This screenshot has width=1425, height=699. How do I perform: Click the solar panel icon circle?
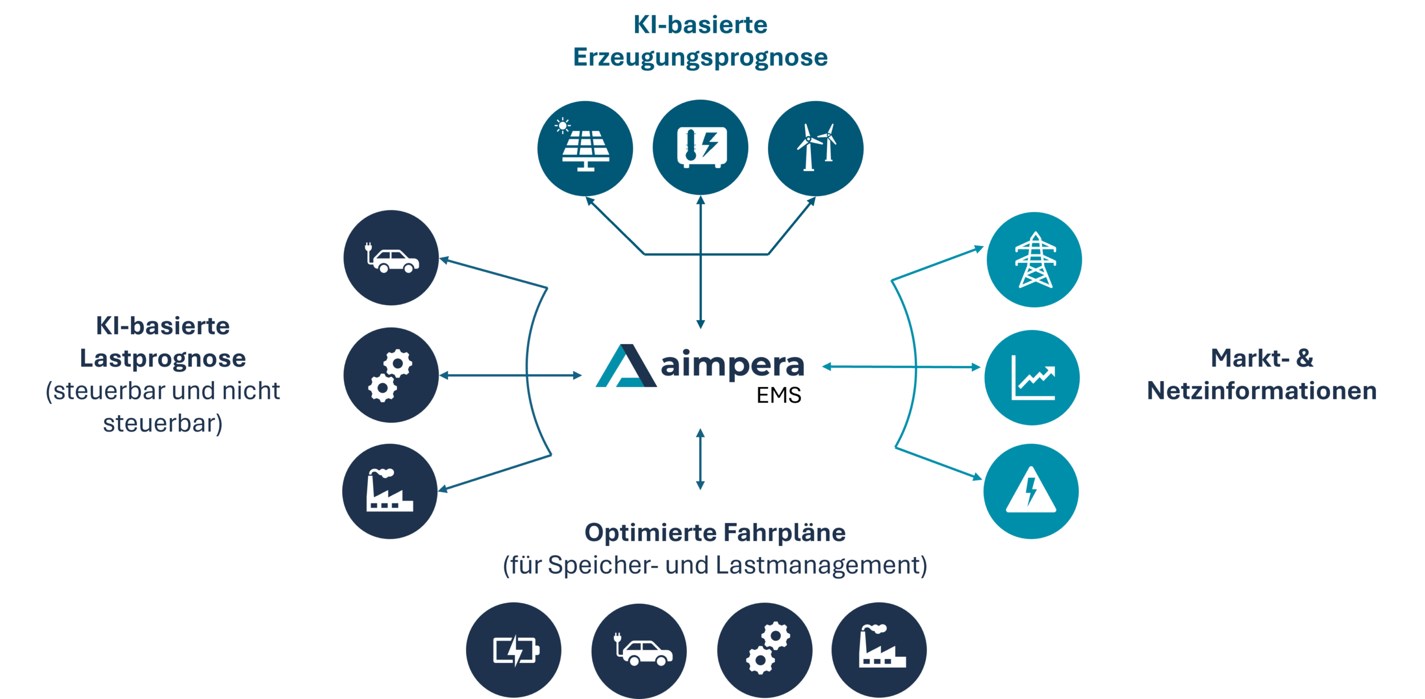pyautogui.click(x=585, y=148)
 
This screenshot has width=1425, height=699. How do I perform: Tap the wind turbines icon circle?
pyautogui.click(x=815, y=148)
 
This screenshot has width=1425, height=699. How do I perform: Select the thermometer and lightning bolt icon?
pyautogui.click(x=700, y=147)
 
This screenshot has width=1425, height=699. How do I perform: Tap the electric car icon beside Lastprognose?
pyautogui.click(x=391, y=257)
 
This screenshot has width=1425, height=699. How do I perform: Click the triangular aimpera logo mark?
pyautogui.click(x=626, y=366)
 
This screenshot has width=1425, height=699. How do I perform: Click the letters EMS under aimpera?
pyautogui.click(x=779, y=395)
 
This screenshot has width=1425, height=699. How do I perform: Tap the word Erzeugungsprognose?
pyautogui.click(x=700, y=58)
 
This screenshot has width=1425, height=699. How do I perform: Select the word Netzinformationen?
pyautogui.click(x=1262, y=390)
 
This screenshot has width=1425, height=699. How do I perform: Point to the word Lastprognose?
pyautogui.click(x=163, y=359)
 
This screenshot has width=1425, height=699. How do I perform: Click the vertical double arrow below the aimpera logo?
pyautogui.click(x=700, y=459)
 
